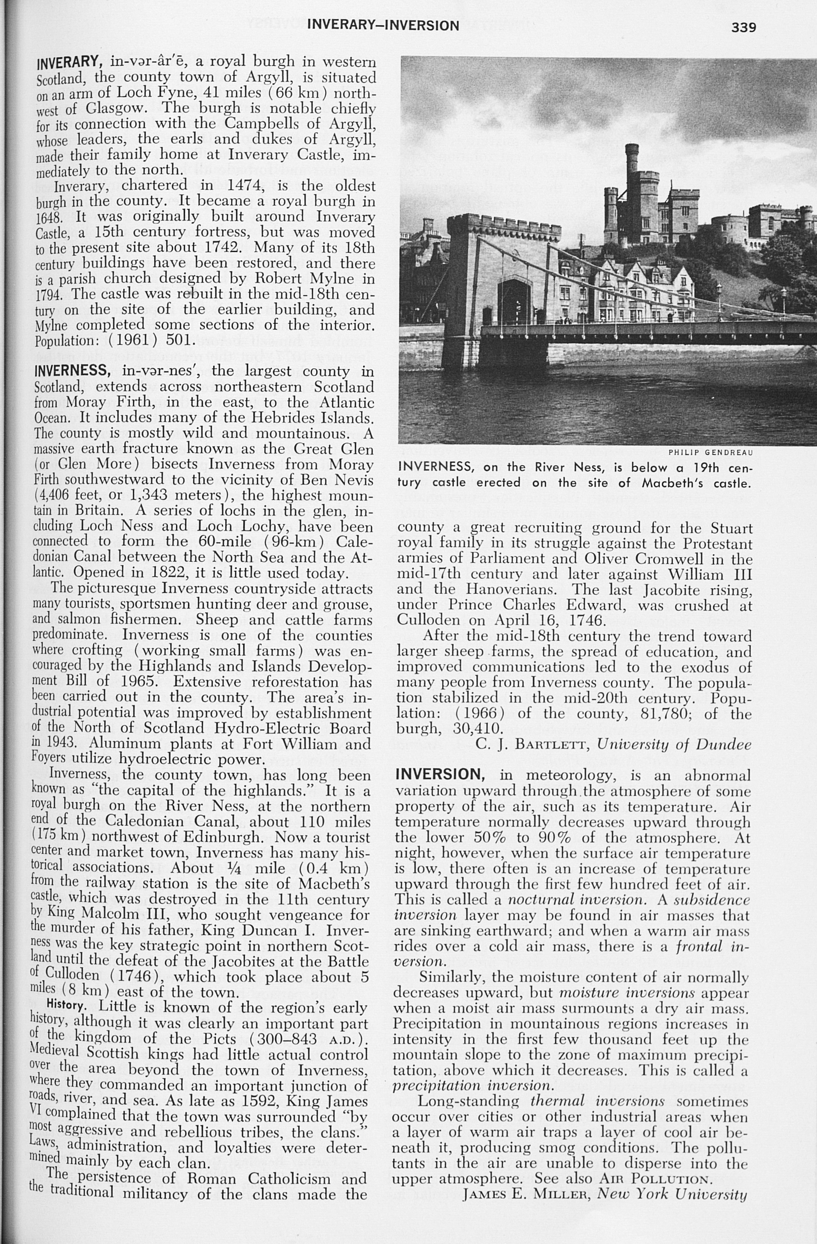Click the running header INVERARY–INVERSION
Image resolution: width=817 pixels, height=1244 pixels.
[x=383, y=25]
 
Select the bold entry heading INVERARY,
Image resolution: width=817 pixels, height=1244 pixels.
[x=68, y=63]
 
